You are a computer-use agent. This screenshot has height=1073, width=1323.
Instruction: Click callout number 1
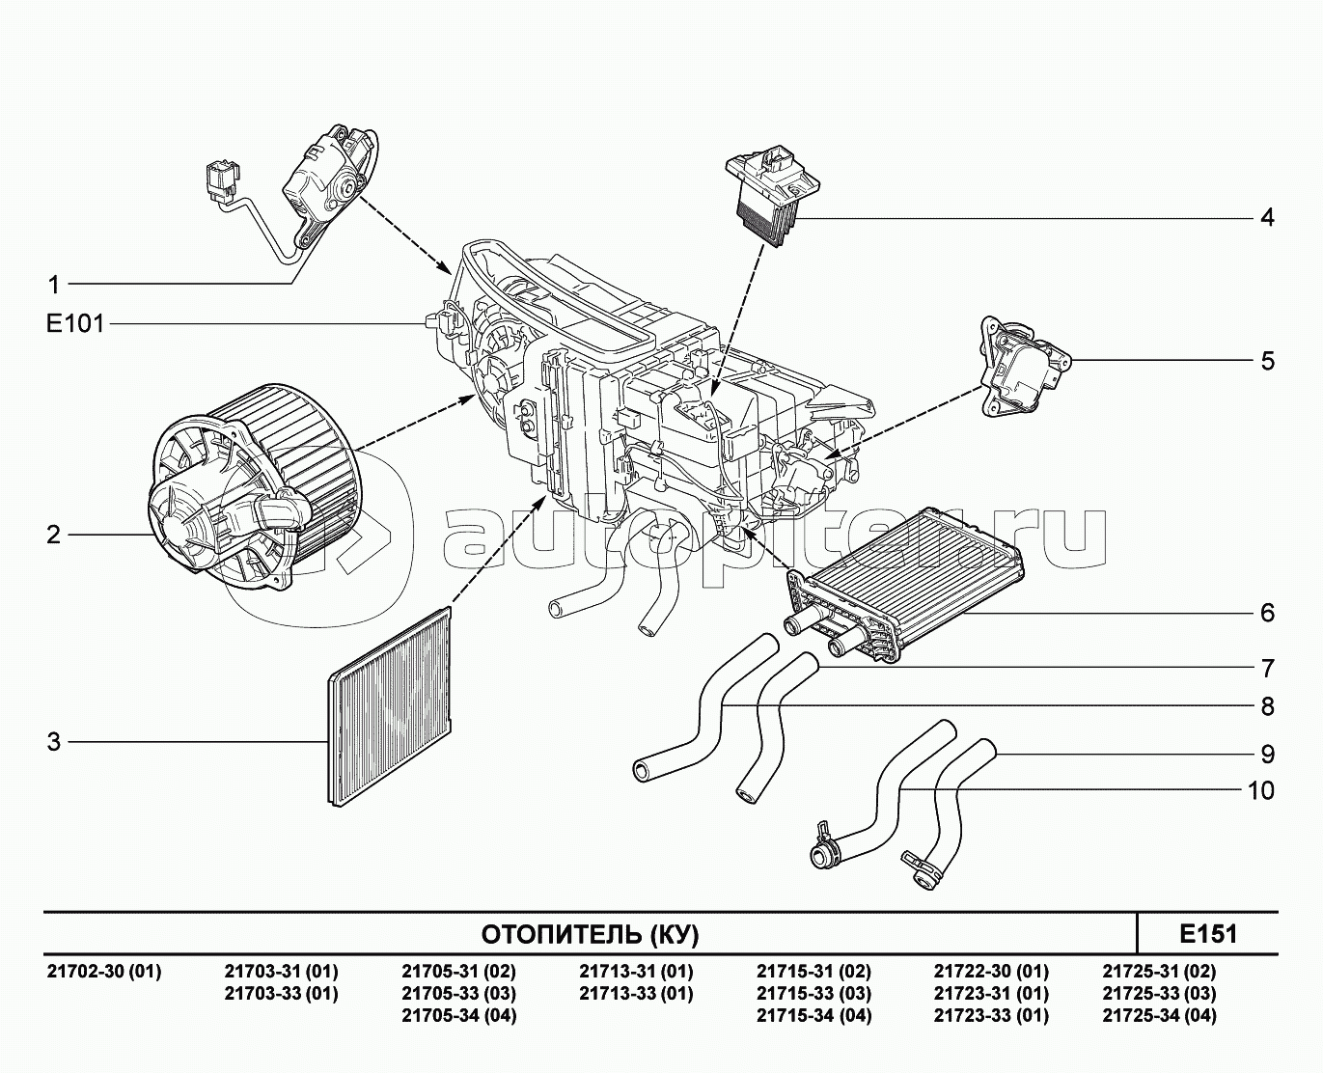click(54, 285)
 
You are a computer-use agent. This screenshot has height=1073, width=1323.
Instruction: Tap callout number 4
click(1267, 218)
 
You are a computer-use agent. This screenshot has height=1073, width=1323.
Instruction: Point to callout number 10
click(1261, 790)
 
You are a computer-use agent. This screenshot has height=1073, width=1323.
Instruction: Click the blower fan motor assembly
click(248, 484)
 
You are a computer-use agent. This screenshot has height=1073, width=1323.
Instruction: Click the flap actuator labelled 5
click(1025, 367)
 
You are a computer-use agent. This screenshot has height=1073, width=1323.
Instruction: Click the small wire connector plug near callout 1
click(222, 182)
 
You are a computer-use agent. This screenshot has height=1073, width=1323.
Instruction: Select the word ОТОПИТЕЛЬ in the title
click(561, 934)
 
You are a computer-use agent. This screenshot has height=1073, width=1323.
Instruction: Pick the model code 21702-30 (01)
click(104, 972)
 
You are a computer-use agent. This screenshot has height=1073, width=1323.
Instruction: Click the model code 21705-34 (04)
click(459, 1016)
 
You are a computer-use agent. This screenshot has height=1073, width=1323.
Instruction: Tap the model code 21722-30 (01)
click(991, 972)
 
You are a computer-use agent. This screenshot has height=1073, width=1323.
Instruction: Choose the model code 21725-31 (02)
click(1160, 972)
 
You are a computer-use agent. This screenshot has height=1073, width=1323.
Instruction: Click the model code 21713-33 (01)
click(637, 994)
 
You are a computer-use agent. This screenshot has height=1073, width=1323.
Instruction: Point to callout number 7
click(1267, 668)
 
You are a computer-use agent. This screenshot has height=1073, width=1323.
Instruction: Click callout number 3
click(54, 742)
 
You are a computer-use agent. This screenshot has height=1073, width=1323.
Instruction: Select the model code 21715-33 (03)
click(813, 994)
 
